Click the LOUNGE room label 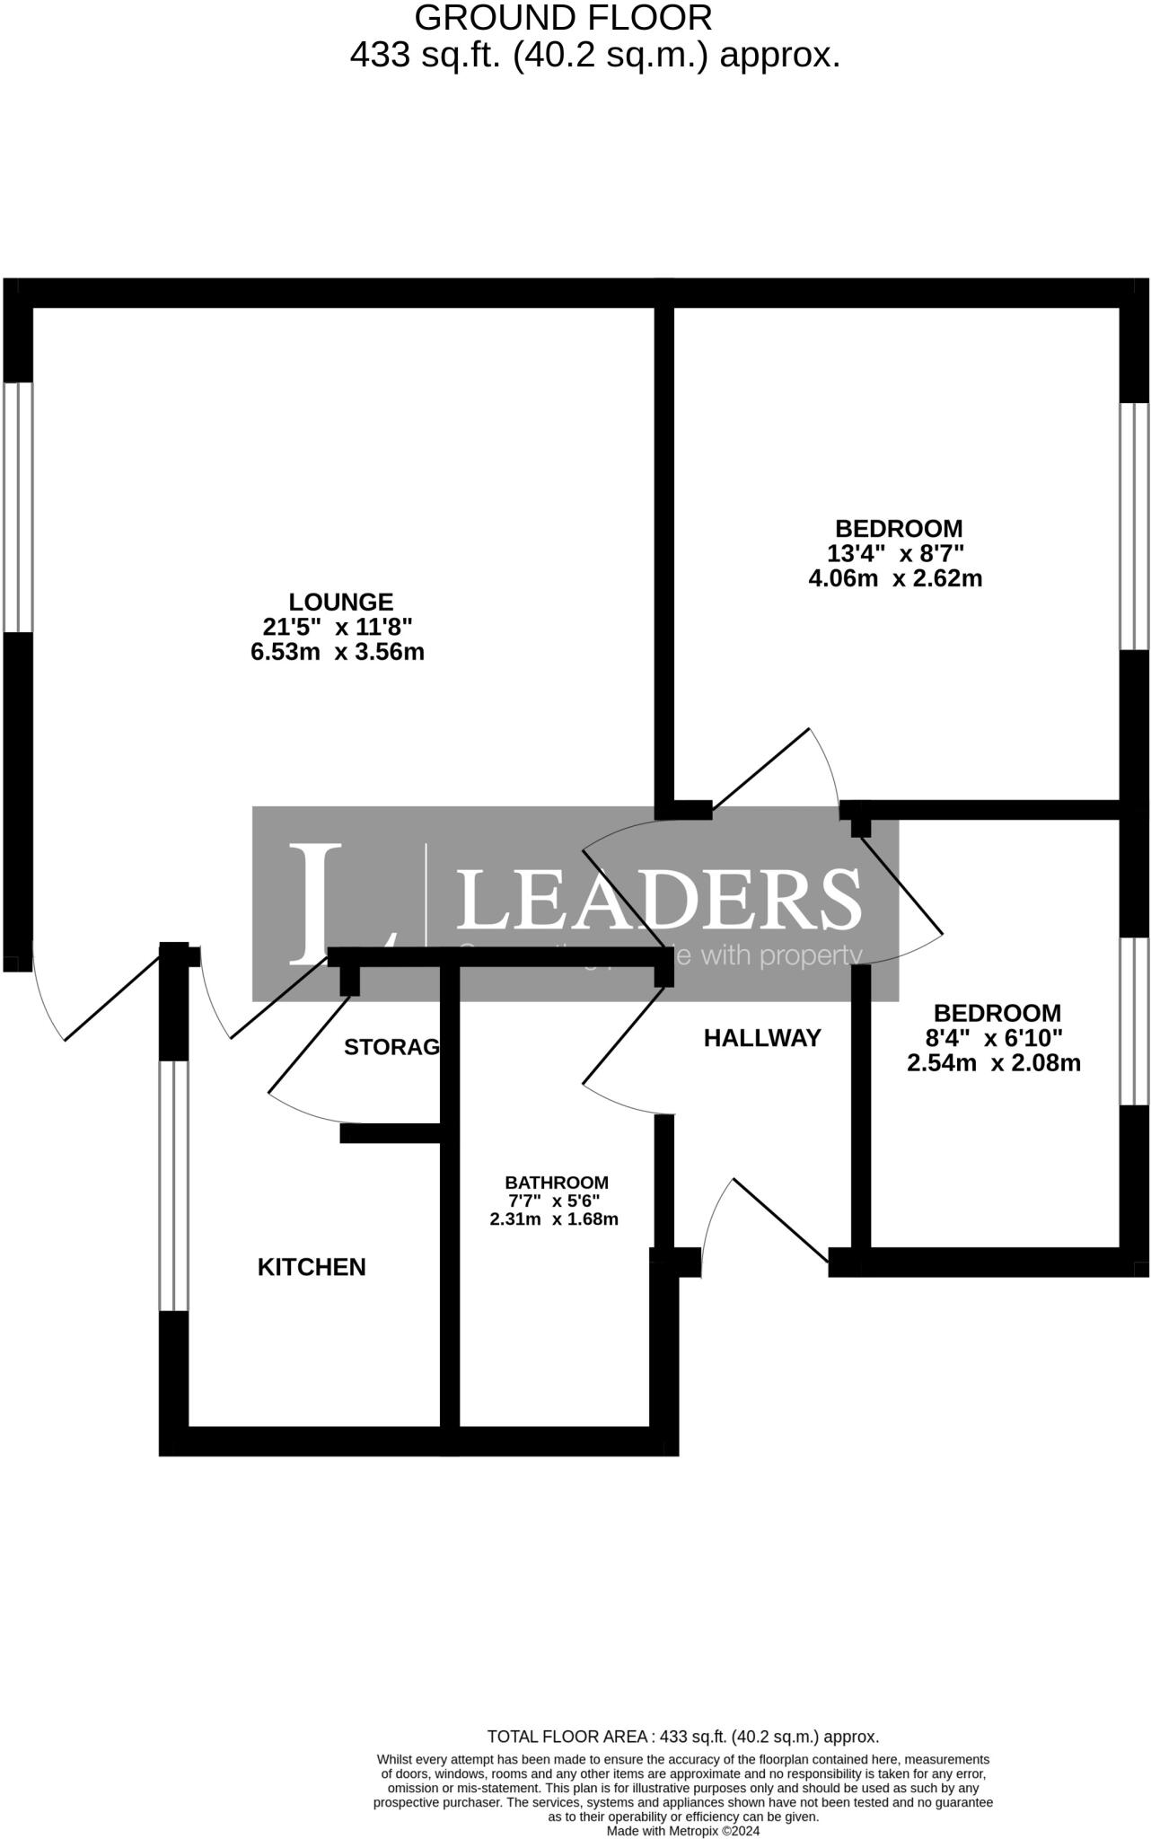point(340,602)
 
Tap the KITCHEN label point(312,1267)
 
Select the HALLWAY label point(762,1038)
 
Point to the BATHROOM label point(557,1183)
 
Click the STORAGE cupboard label point(392,1047)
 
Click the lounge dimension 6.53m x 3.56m point(338,652)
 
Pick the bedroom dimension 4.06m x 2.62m point(895,578)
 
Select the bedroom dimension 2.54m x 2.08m point(994,1064)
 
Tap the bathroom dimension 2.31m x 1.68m point(554,1219)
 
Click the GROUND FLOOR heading point(563,18)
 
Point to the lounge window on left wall point(18,507)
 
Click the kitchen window point(174,1185)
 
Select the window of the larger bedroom point(1134,525)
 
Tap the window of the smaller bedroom point(1134,1021)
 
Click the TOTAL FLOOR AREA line point(682,1737)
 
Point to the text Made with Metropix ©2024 point(683,1831)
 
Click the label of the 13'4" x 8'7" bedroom point(898,528)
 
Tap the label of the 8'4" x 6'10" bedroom point(997,1013)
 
